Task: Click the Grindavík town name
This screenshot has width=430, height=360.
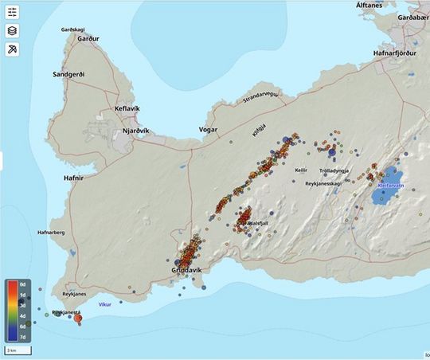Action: point(191,271)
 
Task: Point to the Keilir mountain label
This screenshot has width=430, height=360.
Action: point(301,170)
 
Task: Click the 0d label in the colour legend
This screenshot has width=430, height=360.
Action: point(22,284)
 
